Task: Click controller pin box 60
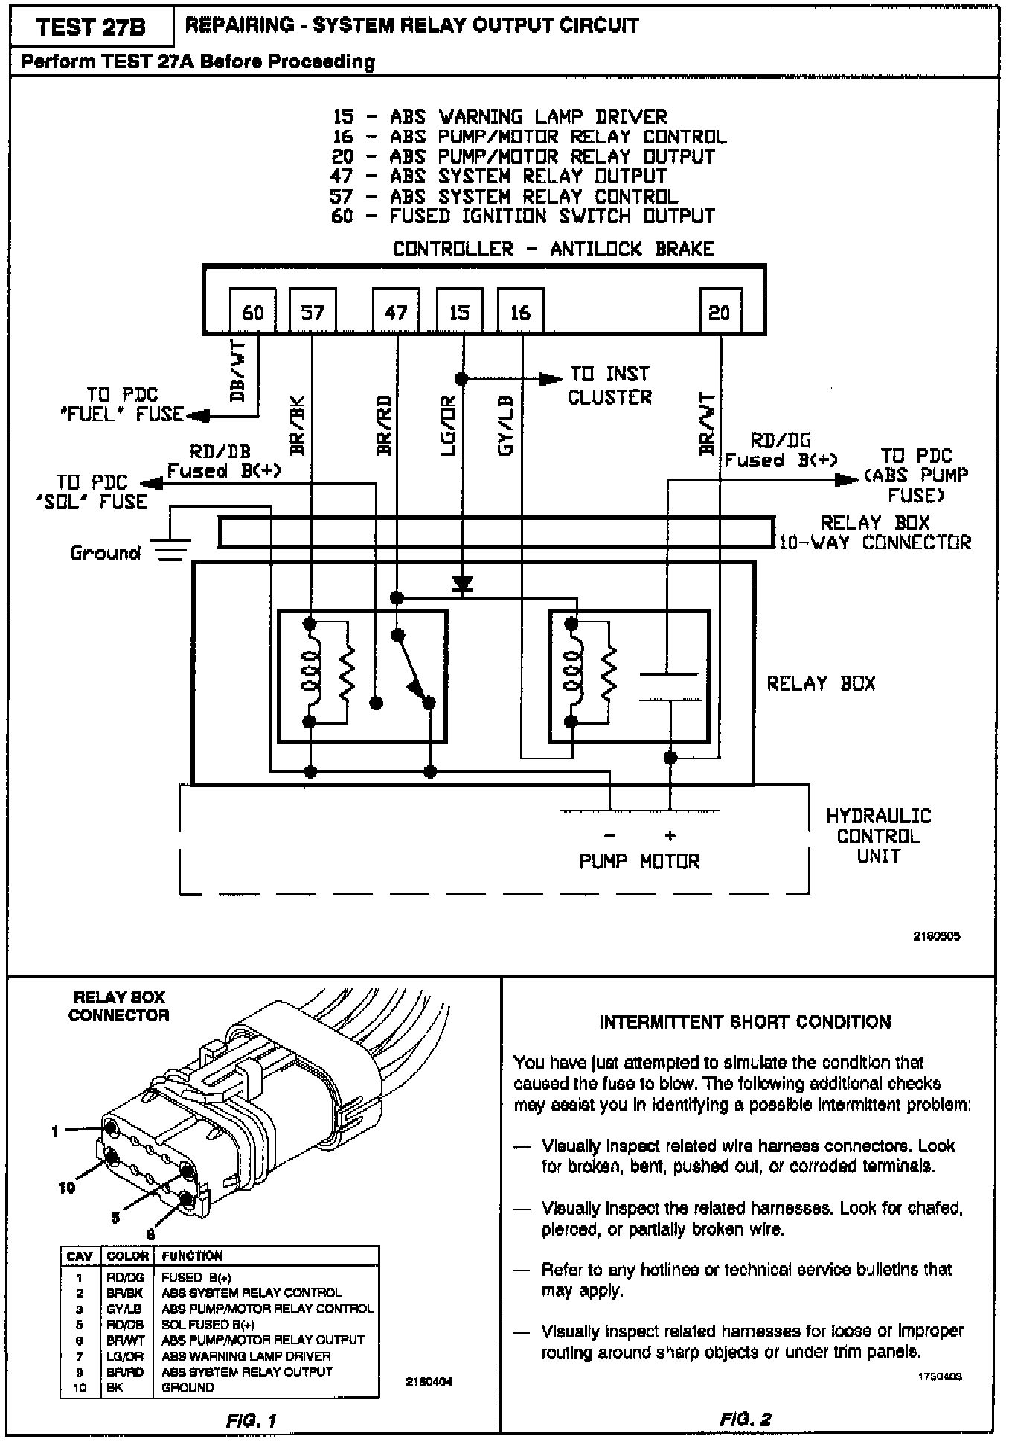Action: pos(252,312)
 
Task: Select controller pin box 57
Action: pos(313,312)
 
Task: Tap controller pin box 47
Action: pos(396,312)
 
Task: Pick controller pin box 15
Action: pos(459,312)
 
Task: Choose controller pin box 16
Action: pos(519,312)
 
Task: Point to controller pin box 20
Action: pos(719,312)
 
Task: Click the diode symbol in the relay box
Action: pos(463,585)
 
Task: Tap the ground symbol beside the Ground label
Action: pos(171,549)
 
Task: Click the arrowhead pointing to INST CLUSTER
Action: pos(551,378)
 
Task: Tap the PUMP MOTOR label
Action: pos(639,861)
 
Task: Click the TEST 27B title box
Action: pos(91,28)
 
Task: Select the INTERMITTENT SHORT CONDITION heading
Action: pos(745,1022)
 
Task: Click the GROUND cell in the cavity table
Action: pos(188,1387)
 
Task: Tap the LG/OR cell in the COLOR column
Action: pos(124,1356)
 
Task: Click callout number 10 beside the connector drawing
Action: pos(67,1188)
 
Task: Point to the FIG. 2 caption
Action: pos(745,1419)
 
